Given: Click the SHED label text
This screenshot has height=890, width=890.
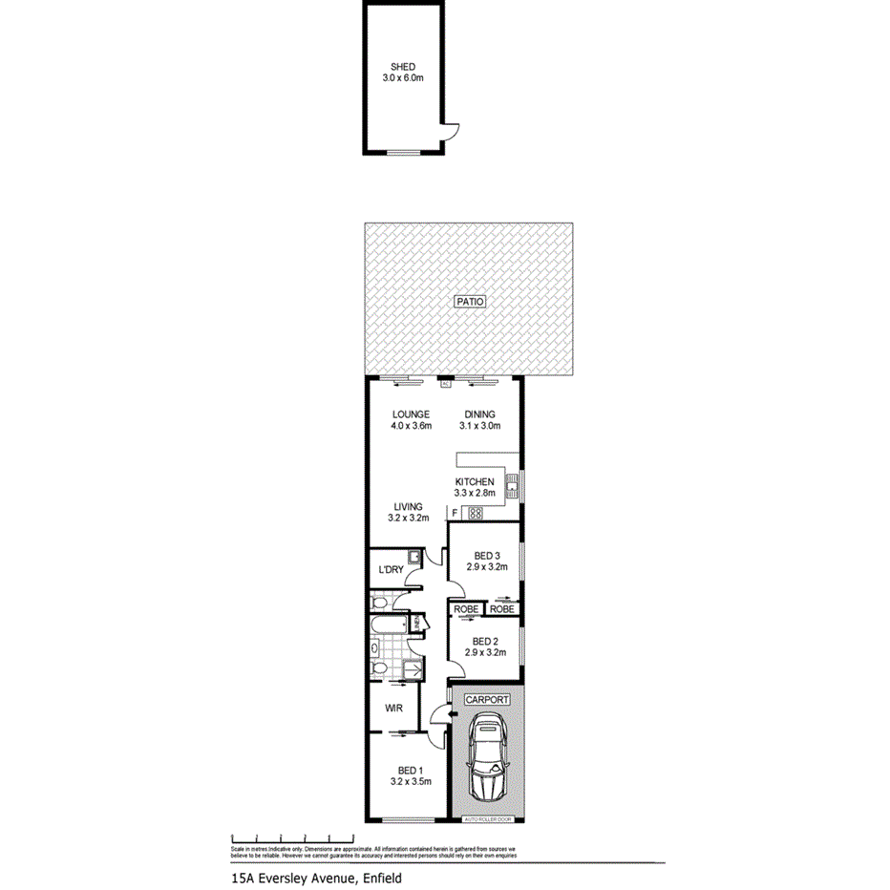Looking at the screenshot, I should pyautogui.click(x=401, y=67).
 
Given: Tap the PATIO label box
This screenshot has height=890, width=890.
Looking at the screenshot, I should pyautogui.click(x=469, y=301).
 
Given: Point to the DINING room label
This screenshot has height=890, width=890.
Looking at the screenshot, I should pyautogui.click(x=479, y=413).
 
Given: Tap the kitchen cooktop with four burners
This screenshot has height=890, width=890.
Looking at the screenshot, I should pyautogui.click(x=476, y=513).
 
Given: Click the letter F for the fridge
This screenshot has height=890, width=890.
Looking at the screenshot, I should pyautogui.click(x=454, y=514).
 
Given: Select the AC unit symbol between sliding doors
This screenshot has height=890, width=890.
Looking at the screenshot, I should pyautogui.click(x=446, y=384).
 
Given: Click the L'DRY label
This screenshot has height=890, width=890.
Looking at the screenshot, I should pyautogui.click(x=391, y=570).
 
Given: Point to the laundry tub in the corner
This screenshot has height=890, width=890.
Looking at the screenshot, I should pyautogui.click(x=413, y=557).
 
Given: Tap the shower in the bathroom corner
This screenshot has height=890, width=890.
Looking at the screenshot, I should pyautogui.click(x=413, y=670).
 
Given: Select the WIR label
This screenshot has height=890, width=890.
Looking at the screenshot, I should pyautogui.click(x=392, y=709).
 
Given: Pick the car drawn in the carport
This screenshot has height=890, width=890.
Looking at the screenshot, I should pyautogui.click(x=488, y=761).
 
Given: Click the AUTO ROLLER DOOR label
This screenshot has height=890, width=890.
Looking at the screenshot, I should pyautogui.click(x=488, y=819).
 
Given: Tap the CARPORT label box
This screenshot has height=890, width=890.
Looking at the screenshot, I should pyautogui.click(x=487, y=699).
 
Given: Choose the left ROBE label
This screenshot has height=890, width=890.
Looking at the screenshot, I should pyautogui.click(x=466, y=608).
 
